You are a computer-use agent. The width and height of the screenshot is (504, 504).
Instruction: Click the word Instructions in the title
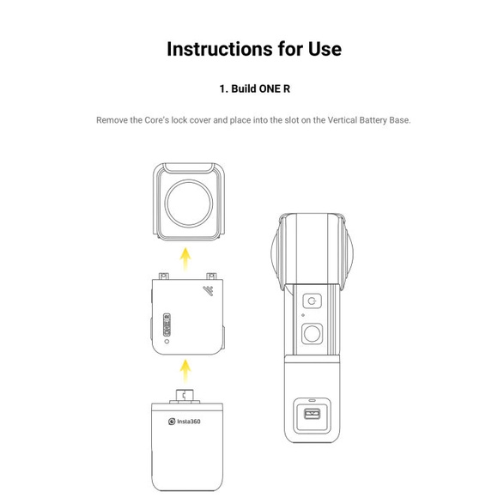pyautogui.click(x=220, y=49)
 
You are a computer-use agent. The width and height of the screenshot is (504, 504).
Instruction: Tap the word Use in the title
pyautogui.click(x=325, y=49)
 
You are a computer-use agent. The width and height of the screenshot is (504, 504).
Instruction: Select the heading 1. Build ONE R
pyautogui.click(x=254, y=88)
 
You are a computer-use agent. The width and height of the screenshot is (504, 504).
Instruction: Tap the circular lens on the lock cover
pyautogui.click(x=189, y=203)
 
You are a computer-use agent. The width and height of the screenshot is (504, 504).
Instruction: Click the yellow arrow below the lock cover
pyautogui.click(x=185, y=258)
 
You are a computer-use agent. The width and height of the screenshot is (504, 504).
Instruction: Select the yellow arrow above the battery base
pyautogui.click(x=185, y=371)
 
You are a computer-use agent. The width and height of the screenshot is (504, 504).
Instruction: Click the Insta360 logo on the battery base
pyautogui.click(x=185, y=421)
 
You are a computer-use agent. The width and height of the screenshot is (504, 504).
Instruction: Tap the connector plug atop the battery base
pyautogui.click(x=185, y=395)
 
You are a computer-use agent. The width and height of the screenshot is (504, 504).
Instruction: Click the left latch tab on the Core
pyautogui.click(x=164, y=276)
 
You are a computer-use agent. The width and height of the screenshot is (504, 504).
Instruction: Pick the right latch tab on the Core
pyautogui.click(x=211, y=276)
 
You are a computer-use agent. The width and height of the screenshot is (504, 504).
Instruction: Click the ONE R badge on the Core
pyautogui.click(x=167, y=325)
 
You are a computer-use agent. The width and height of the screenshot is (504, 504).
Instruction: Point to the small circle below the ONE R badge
pyautogui.click(x=167, y=342)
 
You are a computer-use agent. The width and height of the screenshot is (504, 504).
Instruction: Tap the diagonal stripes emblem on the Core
pyautogui.click(x=209, y=290)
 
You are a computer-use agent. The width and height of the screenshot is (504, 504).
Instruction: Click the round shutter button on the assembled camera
pyautogui.click(x=312, y=333)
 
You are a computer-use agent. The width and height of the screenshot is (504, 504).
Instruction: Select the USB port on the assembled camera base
pyautogui.click(x=313, y=414)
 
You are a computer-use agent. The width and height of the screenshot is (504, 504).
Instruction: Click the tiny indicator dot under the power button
pyautogui.click(x=303, y=315)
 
